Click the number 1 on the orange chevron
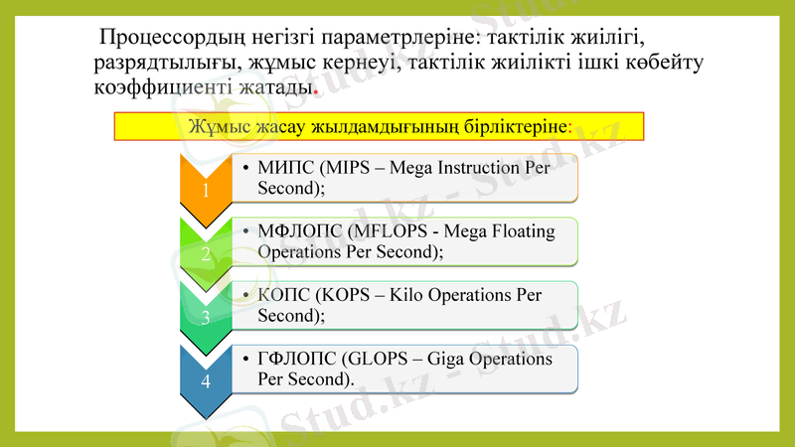pos(206,191)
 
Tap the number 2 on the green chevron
pos(206,254)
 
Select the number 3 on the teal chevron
pos(206,318)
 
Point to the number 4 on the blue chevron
pos(206,381)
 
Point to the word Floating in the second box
pos(522,231)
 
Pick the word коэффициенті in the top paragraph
pos(157,88)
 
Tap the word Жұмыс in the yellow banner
pos(213,126)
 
